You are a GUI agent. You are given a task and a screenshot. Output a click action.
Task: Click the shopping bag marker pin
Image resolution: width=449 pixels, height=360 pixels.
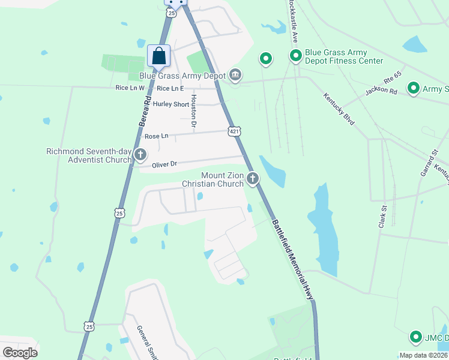coord(158,56)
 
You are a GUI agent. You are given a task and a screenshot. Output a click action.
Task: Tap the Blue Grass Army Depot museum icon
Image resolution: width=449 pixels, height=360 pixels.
coord(235,75)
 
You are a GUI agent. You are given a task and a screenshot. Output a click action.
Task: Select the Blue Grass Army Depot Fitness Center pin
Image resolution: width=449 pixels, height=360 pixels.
coord(296,57)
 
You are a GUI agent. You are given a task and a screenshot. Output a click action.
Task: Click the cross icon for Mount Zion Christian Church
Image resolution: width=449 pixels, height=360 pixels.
coord(253,178)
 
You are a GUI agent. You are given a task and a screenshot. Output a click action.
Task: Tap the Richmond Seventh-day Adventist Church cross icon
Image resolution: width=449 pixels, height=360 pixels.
coord(140,155)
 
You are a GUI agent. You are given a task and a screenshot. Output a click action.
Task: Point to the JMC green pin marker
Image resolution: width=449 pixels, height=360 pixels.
coord(415,337)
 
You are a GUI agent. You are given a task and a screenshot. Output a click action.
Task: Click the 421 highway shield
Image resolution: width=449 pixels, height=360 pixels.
coord(234,131)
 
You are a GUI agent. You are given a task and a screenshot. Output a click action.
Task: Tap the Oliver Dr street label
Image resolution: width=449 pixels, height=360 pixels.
coord(164,164)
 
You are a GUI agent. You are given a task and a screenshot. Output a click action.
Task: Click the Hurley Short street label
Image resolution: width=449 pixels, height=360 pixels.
coord(171,104)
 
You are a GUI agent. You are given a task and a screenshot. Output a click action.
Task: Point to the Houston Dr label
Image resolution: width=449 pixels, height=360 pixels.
coord(193,112)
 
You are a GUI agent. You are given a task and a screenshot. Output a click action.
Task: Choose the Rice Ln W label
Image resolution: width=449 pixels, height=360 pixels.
coord(130,88)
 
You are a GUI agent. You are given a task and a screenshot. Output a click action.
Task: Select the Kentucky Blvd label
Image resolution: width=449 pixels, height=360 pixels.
coord(339,109)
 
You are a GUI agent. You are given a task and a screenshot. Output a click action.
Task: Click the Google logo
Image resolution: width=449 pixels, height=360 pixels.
coord(20,353)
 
